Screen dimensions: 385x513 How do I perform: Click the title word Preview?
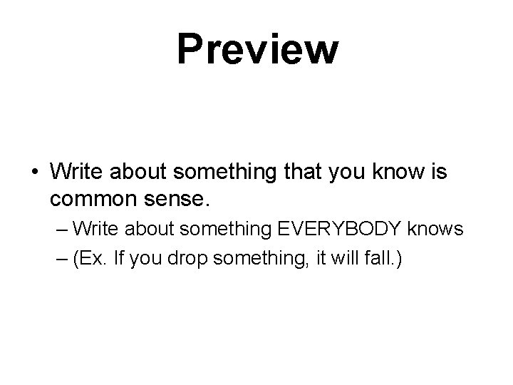point(257,49)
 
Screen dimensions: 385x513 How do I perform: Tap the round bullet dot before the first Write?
point(36,172)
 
